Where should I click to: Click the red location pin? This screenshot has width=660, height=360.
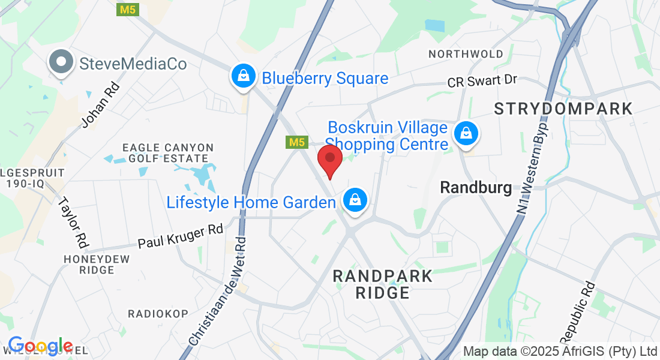(329, 160)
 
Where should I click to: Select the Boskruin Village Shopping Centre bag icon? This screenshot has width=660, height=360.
(466, 134)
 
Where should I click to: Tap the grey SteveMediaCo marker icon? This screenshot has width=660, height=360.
(61, 63)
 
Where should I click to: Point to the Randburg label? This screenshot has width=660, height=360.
(476, 187)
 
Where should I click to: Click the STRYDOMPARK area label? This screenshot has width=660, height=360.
(563, 109)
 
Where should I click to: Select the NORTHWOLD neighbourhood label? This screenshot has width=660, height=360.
(466, 54)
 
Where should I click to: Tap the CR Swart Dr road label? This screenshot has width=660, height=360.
(482, 80)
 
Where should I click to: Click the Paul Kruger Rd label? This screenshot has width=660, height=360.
(180, 236)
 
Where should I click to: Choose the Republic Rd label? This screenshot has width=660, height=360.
(578, 310)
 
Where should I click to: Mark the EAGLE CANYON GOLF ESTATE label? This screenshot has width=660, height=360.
(167, 153)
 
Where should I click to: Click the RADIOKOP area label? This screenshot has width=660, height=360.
(158, 314)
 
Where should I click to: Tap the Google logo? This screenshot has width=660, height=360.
(40, 347)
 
